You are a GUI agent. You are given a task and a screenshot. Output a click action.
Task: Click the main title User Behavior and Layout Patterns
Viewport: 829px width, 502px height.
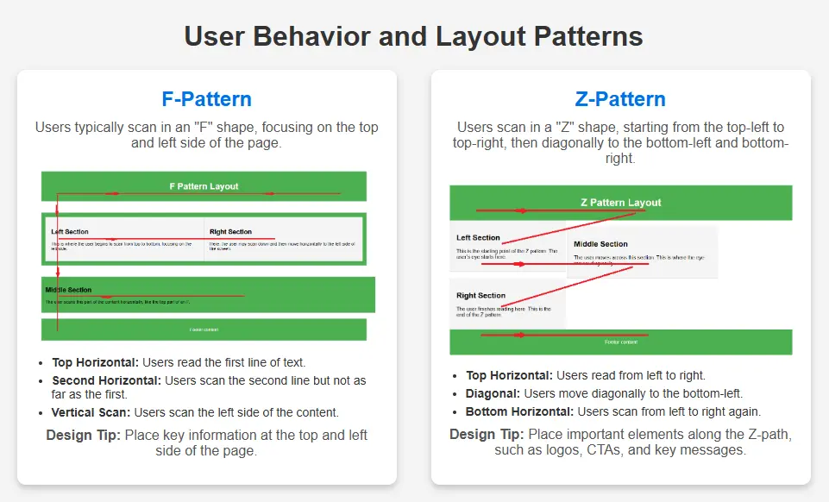[414, 37]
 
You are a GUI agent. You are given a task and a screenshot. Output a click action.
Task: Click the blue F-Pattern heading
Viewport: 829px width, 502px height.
[206, 99]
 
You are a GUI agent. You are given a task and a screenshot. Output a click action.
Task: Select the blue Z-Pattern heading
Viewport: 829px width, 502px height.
[620, 99]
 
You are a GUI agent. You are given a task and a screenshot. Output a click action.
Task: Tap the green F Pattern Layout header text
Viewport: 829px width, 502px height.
[204, 186]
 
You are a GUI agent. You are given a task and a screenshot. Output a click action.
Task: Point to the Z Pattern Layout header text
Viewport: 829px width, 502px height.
[620, 203]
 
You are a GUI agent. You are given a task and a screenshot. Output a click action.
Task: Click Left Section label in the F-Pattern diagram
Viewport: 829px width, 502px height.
[70, 232]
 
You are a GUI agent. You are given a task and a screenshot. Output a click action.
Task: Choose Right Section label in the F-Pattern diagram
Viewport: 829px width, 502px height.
[230, 232]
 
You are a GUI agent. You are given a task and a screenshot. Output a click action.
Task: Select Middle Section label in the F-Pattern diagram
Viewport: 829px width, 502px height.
[68, 290]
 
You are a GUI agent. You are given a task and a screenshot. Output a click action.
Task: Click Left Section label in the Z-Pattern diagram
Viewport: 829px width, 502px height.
[478, 238]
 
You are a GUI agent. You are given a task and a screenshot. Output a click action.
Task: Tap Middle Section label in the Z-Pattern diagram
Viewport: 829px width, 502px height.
[600, 244]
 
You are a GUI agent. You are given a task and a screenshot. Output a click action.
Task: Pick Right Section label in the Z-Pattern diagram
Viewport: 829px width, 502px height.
[480, 296]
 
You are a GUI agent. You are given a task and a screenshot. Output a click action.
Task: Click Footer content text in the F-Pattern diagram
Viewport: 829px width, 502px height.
[204, 329]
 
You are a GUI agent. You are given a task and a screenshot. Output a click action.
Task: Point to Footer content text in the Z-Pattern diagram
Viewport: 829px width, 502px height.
[620, 342]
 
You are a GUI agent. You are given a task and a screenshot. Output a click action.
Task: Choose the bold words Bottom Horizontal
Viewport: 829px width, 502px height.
[519, 411]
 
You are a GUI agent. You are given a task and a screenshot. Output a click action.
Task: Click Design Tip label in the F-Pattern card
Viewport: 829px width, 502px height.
[83, 435]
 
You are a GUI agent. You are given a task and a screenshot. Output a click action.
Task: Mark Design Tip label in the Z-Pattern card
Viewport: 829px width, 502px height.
[487, 434]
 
